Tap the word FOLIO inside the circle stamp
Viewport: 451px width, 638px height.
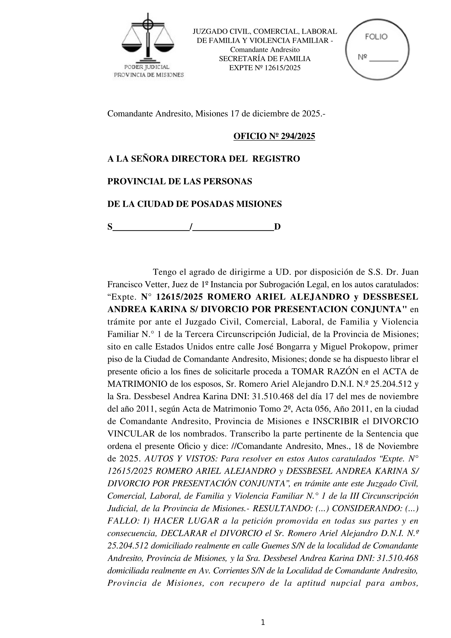(x=376, y=37)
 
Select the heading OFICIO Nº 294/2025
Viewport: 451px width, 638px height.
(x=274, y=136)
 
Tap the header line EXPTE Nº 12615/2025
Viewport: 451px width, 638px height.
(x=265, y=68)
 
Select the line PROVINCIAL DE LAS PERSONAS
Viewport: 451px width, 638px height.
(x=180, y=182)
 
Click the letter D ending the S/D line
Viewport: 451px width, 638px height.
(x=277, y=227)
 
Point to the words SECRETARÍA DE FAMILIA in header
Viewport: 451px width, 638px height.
(x=265, y=59)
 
